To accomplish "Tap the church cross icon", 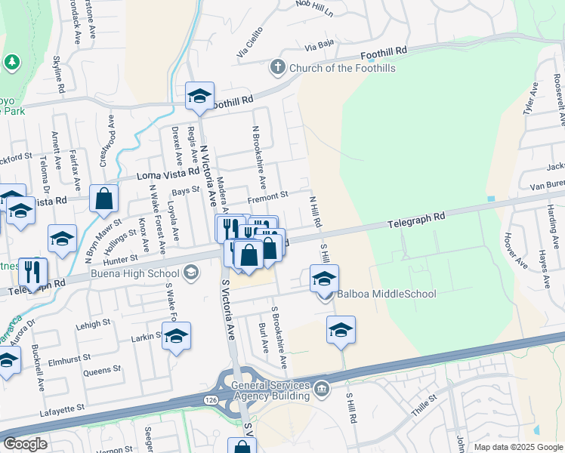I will tap(277, 67).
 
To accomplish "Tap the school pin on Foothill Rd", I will tap(199, 96).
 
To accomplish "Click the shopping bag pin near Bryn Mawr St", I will tap(104, 199).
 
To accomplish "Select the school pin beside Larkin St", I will tap(176, 336).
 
